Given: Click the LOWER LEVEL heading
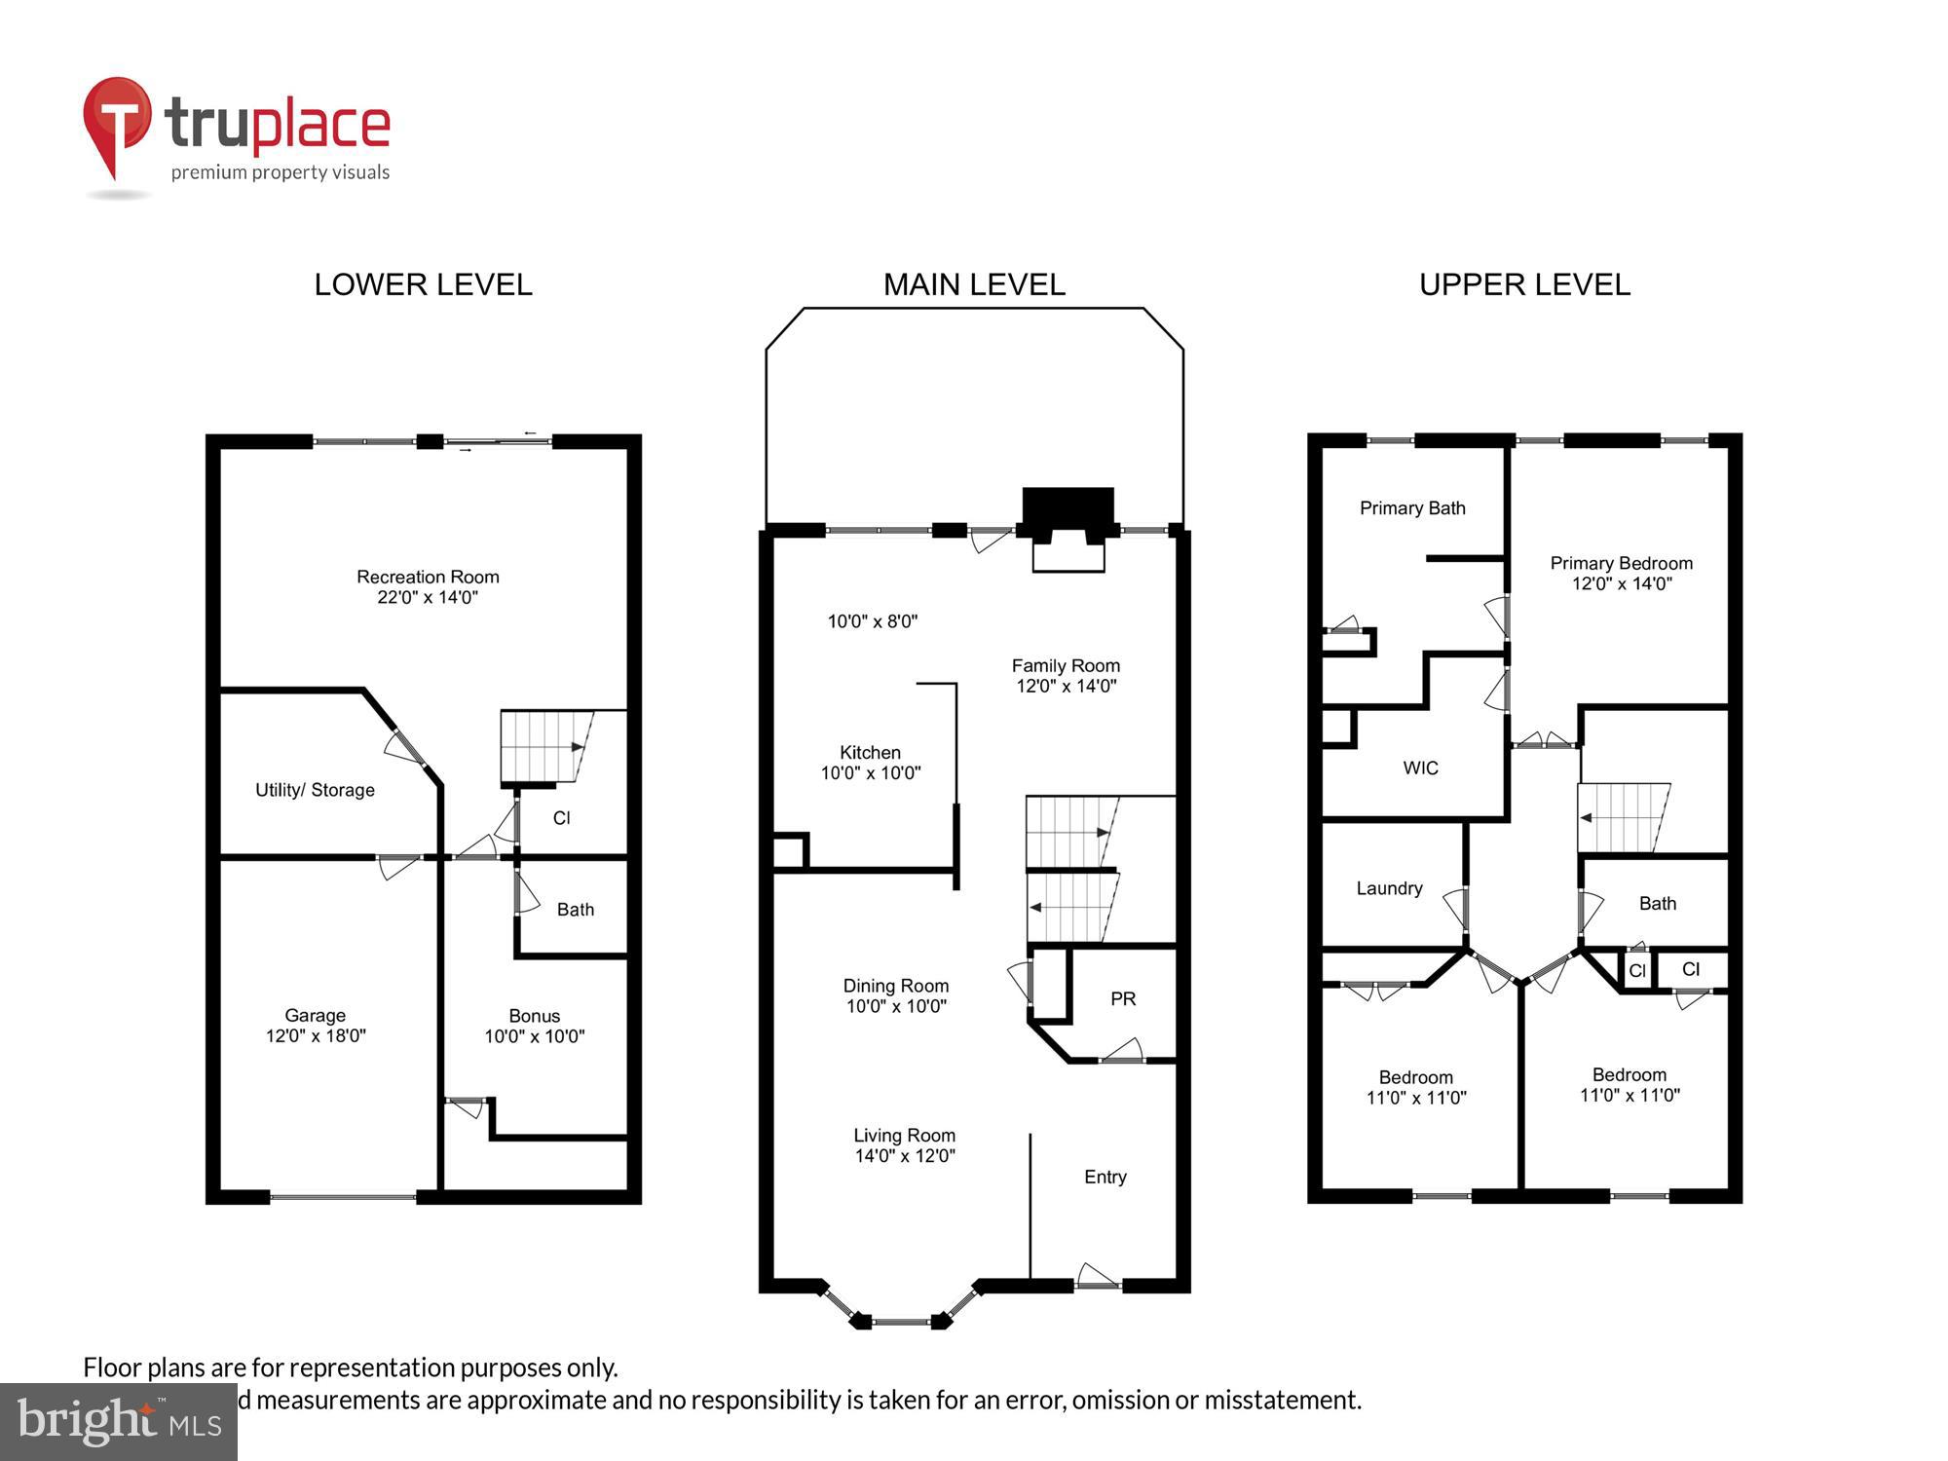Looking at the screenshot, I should [423, 284].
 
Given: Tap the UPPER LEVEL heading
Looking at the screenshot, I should [1524, 284].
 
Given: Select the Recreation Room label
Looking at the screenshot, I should [428, 586].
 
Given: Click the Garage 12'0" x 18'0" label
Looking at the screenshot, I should [316, 1026].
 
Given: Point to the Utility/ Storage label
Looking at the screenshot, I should [315, 790].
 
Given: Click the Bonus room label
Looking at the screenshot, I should [534, 1026].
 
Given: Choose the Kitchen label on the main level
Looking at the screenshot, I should [870, 762].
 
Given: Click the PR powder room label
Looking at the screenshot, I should [1123, 998].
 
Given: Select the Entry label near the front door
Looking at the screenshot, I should [1105, 1177].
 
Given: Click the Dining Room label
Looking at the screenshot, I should [895, 995].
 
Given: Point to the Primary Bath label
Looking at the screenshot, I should [1412, 507].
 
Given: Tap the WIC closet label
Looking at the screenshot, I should [1420, 768].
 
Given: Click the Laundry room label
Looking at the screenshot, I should [1389, 888].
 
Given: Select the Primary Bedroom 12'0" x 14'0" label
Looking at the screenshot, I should [1621, 573].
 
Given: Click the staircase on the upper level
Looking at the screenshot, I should [1623, 817].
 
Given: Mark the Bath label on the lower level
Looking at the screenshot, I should [575, 910].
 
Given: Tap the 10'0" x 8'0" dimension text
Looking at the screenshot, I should [873, 621].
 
